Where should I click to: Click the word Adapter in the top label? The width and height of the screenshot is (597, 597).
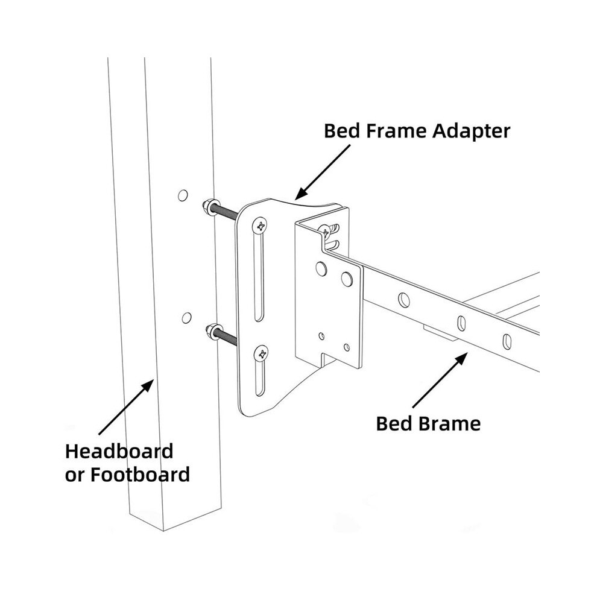coord(471,131)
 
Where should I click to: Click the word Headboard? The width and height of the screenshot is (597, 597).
coord(119,452)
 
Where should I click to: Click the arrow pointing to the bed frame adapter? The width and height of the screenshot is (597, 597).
coord(322,172)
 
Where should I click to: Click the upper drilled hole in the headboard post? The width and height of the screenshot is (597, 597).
coord(183,195)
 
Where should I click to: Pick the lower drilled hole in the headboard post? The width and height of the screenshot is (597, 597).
coord(186,318)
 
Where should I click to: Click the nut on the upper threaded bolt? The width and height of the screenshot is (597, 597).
coord(209,206)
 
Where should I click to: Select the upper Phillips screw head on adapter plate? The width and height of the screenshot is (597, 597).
coord(260,226)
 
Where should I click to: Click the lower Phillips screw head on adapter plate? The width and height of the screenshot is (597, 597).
coord(262,355)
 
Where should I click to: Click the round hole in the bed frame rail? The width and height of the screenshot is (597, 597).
coord(404,300)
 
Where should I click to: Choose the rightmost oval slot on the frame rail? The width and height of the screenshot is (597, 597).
coord(507,340)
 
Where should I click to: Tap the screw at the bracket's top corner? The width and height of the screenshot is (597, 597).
coord(325,230)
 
